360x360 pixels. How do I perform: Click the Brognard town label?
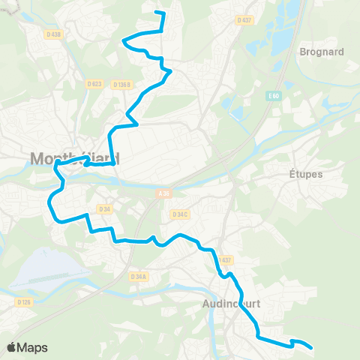[x=321, y=52]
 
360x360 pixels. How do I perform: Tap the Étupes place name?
[x=306, y=174]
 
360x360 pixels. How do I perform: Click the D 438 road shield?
[x=53, y=34]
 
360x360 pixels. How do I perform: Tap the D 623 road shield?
[x=94, y=84]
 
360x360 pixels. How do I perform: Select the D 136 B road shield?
[x=121, y=85]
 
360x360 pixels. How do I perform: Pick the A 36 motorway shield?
[x=165, y=193]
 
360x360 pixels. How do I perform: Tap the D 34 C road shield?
[x=180, y=214]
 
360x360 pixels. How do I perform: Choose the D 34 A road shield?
[x=138, y=277]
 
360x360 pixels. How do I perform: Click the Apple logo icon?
[x=11, y=347]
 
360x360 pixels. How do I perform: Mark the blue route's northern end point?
[x=155, y=12]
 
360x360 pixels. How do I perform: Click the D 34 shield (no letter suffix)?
[x=104, y=209]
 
